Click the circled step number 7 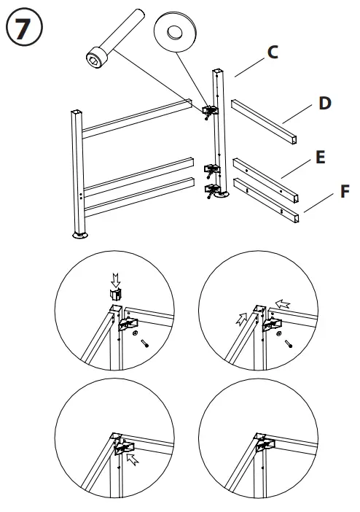pyautogui.click(x=24, y=27)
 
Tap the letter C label pyautogui.click(x=273, y=53)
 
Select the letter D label pyautogui.click(x=325, y=103)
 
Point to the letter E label pyautogui.click(x=321, y=157)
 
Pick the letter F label pyautogui.click(x=345, y=191)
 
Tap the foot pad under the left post pyautogui.click(x=80, y=235)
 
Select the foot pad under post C pyautogui.click(x=222, y=195)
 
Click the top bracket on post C pyautogui.click(x=210, y=110)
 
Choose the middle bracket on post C pyautogui.click(x=212, y=170)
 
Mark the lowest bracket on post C pyautogui.click(x=212, y=190)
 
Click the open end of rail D pyautogui.click(x=294, y=140)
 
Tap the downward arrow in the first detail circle pyautogui.click(x=116, y=280)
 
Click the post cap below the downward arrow pyautogui.click(x=115, y=294)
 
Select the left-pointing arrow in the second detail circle pyautogui.click(x=283, y=304)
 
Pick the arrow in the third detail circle pyautogui.click(x=133, y=459)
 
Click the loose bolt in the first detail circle pyautogui.click(x=144, y=344)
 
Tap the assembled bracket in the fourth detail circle pyautogui.click(x=265, y=444)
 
